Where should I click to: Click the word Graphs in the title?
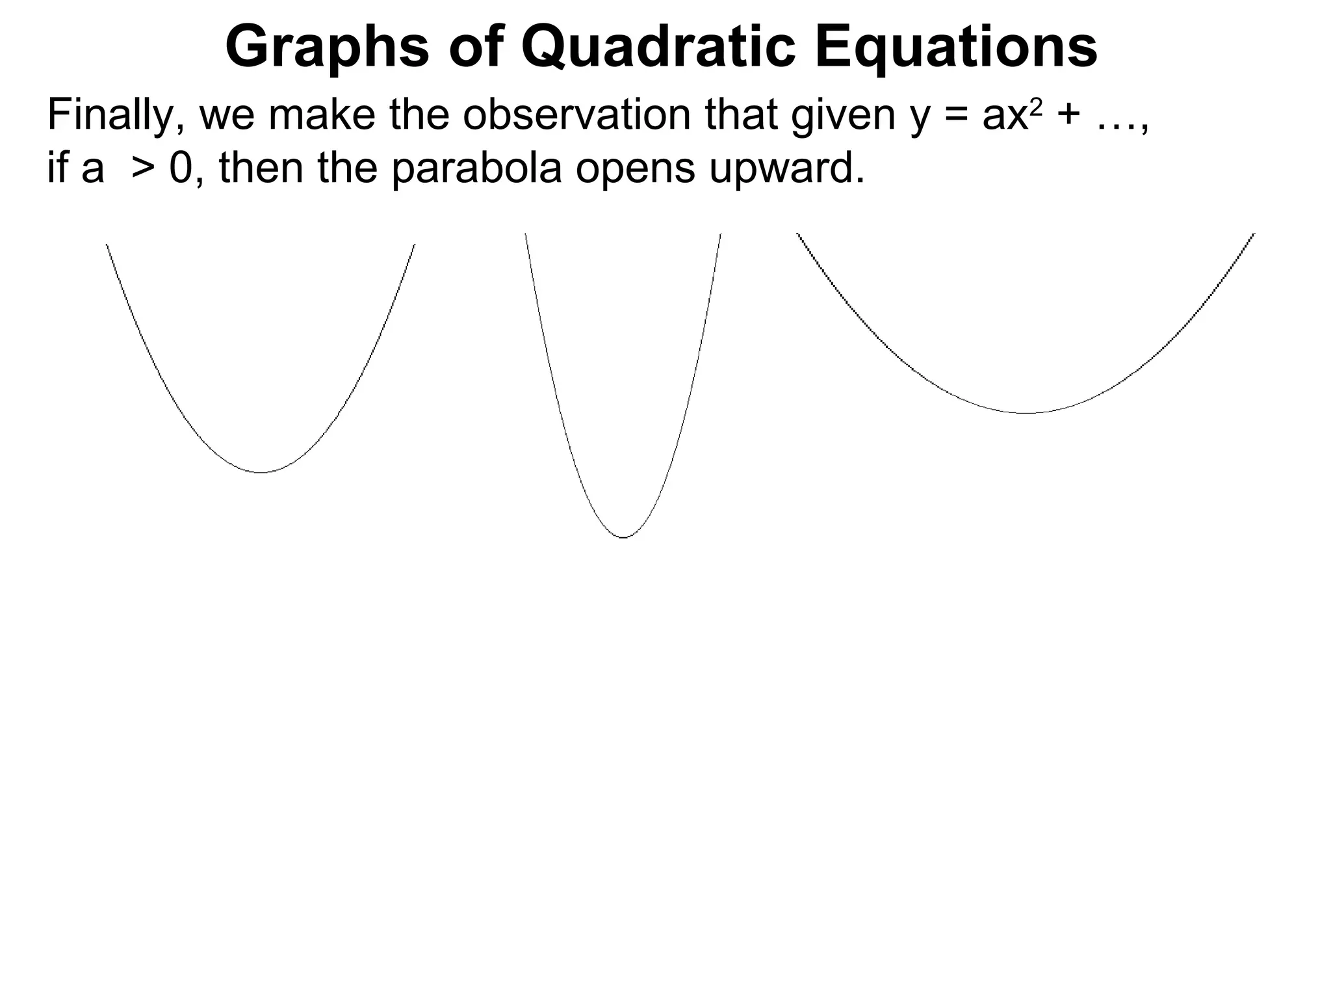pos(327,47)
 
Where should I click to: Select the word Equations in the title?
pos(956,47)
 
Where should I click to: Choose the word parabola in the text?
pos(477,168)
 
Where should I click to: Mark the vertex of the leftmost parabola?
pos(261,472)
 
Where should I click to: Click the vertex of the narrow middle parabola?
pos(623,537)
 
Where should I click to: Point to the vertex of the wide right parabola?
pos(1026,413)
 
